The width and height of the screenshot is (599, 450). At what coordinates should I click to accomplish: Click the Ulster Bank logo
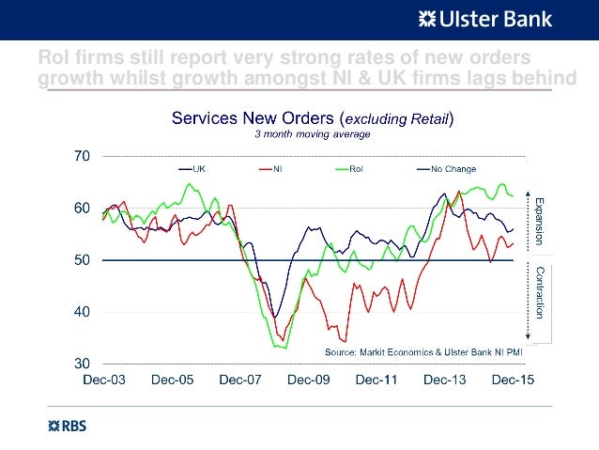click(484, 18)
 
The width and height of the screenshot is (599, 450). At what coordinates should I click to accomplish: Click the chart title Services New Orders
click(311, 118)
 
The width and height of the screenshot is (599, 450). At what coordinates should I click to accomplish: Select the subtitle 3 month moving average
click(313, 133)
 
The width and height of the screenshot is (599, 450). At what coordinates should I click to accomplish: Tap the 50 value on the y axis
click(83, 260)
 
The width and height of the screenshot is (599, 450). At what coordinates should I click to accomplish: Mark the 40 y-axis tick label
click(83, 312)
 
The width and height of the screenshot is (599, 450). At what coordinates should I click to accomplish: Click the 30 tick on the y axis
click(83, 364)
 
